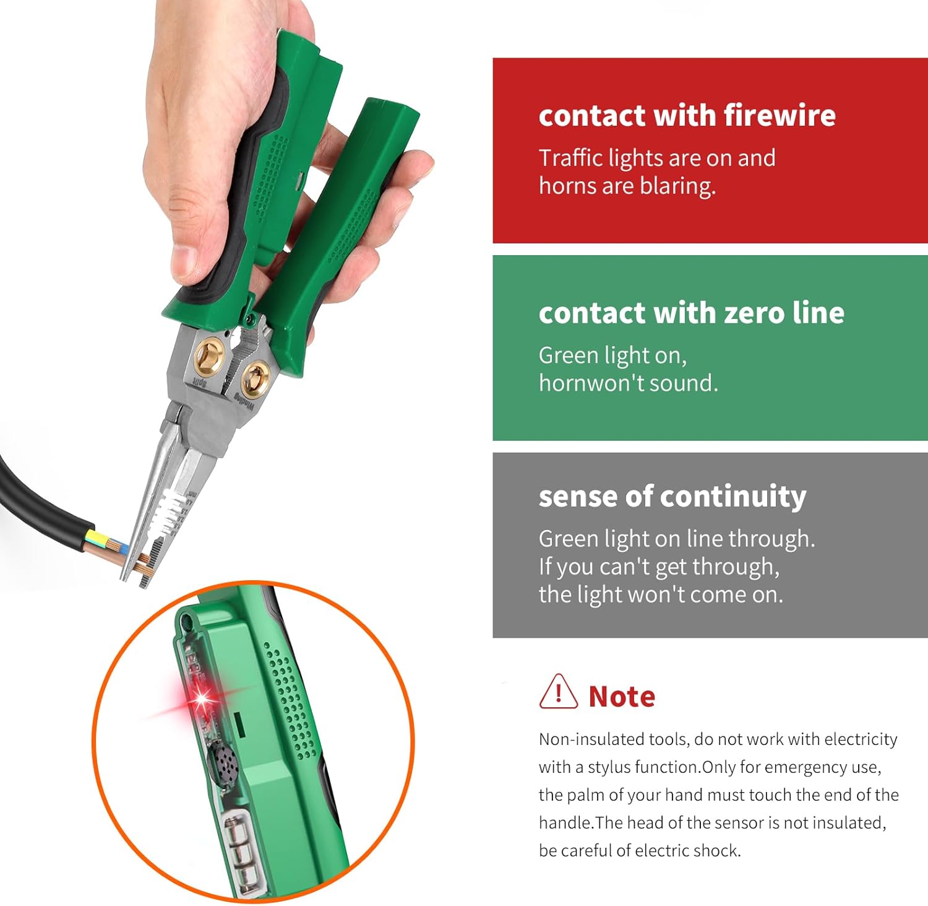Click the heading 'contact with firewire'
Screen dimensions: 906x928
[687, 116]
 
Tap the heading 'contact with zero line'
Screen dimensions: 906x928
[691, 313]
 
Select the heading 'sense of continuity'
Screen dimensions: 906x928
[672, 496]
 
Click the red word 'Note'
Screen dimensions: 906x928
[621, 697]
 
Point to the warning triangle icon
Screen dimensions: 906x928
[558, 692]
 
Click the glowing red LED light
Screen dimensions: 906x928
[202, 699]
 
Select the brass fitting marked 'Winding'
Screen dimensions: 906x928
[254, 379]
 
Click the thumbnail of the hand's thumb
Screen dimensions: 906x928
[186, 263]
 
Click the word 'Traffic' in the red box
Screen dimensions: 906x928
[570, 158]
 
